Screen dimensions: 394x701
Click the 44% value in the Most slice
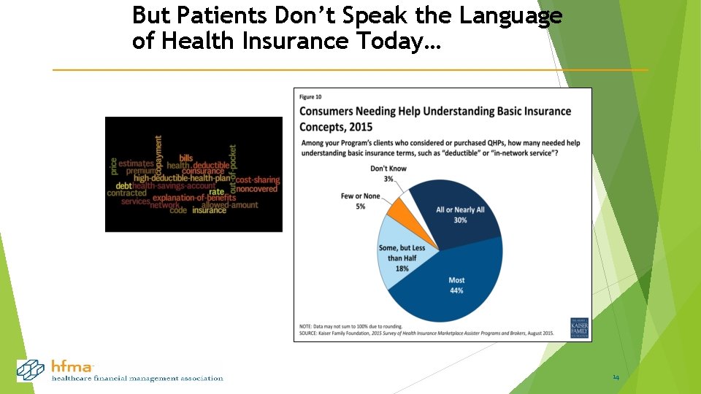click(456, 290)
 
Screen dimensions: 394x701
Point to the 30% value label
click(460, 220)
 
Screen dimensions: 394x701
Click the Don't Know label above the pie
click(388, 169)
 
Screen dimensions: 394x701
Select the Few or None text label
click(360, 196)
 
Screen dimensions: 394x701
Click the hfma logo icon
click(31, 370)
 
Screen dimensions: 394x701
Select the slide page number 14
click(616, 377)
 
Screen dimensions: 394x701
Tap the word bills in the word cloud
click(186, 158)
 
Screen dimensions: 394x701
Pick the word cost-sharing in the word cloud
click(257, 179)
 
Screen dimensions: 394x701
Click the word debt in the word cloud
click(123, 186)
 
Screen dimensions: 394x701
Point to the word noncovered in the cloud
click(257, 188)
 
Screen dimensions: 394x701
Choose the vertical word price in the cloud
click(113, 166)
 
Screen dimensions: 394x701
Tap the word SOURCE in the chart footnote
click(314, 333)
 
